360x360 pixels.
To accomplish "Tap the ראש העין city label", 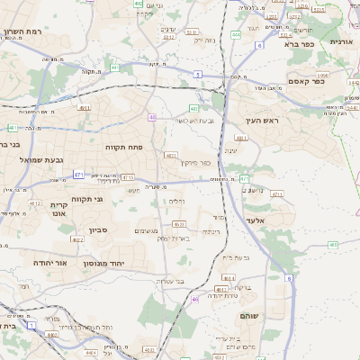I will pos(263,121).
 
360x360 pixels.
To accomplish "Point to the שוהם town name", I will pos(249,317).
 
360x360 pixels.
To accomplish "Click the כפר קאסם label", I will pos(306,82).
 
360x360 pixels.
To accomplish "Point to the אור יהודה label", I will pos(51,262).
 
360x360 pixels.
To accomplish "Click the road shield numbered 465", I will pos(332,244).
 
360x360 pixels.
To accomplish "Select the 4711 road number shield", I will pos(277,193).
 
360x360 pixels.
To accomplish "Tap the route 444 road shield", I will pos(236,34).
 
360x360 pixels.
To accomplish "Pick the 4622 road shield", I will pos(78,240).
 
